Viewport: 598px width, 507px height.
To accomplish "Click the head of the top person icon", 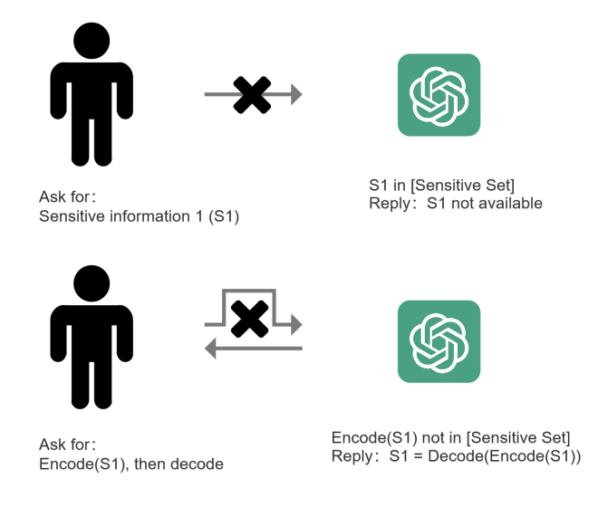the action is (x=92, y=41).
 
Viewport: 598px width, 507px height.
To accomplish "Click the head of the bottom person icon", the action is (x=92, y=283).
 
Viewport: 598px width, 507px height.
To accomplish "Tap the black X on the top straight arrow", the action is (x=252, y=95).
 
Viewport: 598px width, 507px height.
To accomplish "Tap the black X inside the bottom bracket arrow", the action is (x=250, y=319).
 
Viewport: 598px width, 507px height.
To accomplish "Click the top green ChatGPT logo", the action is (x=439, y=95).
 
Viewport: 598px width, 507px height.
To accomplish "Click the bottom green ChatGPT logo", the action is (x=439, y=341).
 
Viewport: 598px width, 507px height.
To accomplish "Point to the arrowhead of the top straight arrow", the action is (x=296, y=94).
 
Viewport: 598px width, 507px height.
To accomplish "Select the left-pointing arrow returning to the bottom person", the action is (x=254, y=349).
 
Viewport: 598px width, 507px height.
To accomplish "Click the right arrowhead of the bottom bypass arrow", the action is (x=296, y=325).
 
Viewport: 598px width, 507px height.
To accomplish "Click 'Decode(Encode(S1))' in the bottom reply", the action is (x=505, y=456).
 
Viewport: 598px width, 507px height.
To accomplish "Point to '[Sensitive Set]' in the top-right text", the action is (x=463, y=186).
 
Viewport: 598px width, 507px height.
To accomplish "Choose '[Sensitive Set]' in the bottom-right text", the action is (x=518, y=437).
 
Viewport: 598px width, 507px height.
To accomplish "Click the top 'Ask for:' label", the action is (x=67, y=196).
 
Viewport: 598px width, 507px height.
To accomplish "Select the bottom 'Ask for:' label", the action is (x=67, y=445).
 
